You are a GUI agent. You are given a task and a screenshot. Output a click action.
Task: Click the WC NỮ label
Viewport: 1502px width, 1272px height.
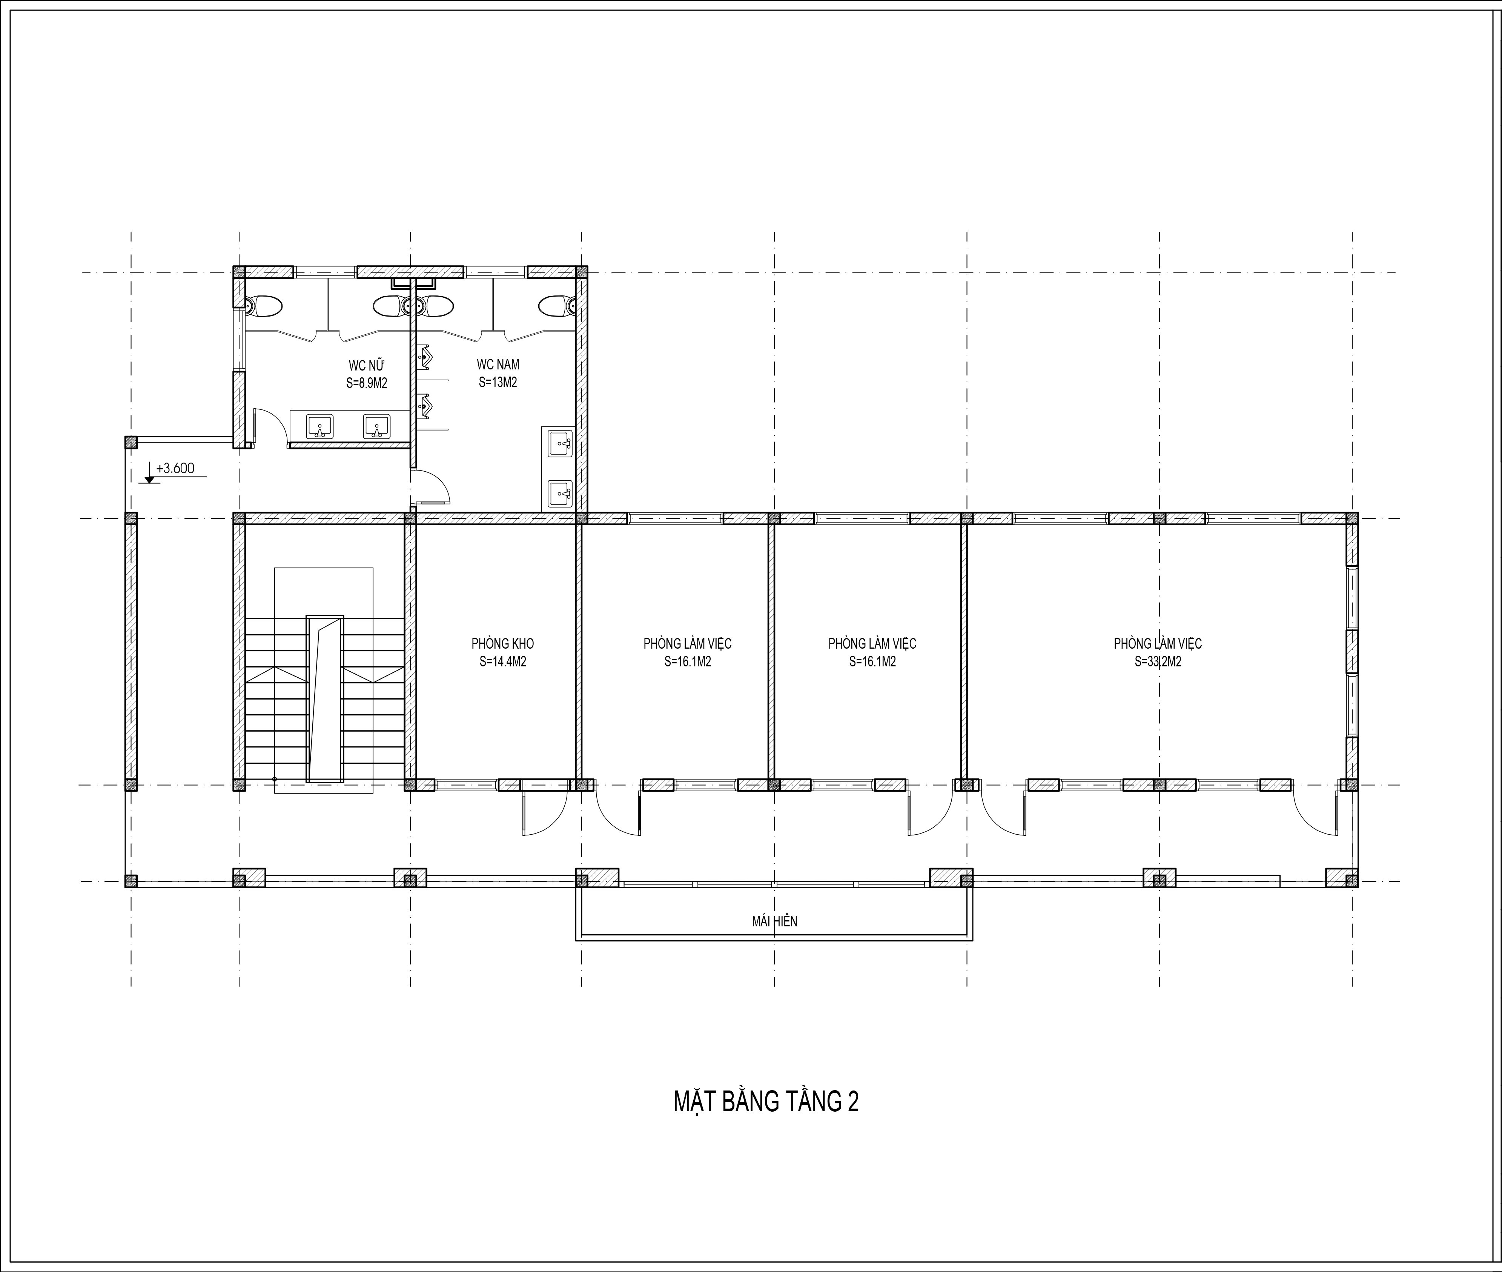pos(367,365)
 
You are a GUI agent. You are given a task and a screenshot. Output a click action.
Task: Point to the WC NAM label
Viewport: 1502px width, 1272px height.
pos(498,365)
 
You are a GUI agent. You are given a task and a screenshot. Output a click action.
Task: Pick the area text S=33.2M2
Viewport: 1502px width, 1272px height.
pos(1158,662)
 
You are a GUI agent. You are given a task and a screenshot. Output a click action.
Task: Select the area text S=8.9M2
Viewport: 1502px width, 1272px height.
pos(367,383)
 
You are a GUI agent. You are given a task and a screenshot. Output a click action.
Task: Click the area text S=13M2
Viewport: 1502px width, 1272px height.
pos(498,383)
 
